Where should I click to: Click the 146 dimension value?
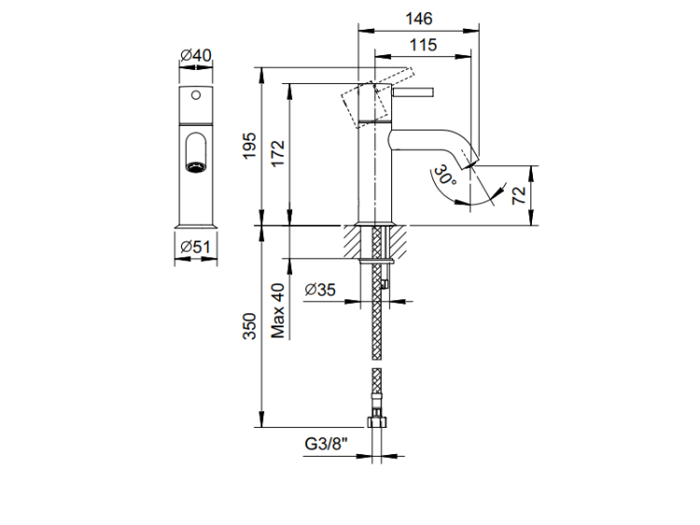click(x=418, y=19)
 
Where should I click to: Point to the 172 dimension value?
click(x=277, y=154)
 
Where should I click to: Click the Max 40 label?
click(x=277, y=311)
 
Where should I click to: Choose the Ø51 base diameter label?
click(x=196, y=246)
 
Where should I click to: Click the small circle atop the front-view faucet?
click(x=196, y=96)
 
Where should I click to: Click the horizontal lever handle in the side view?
click(x=413, y=93)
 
